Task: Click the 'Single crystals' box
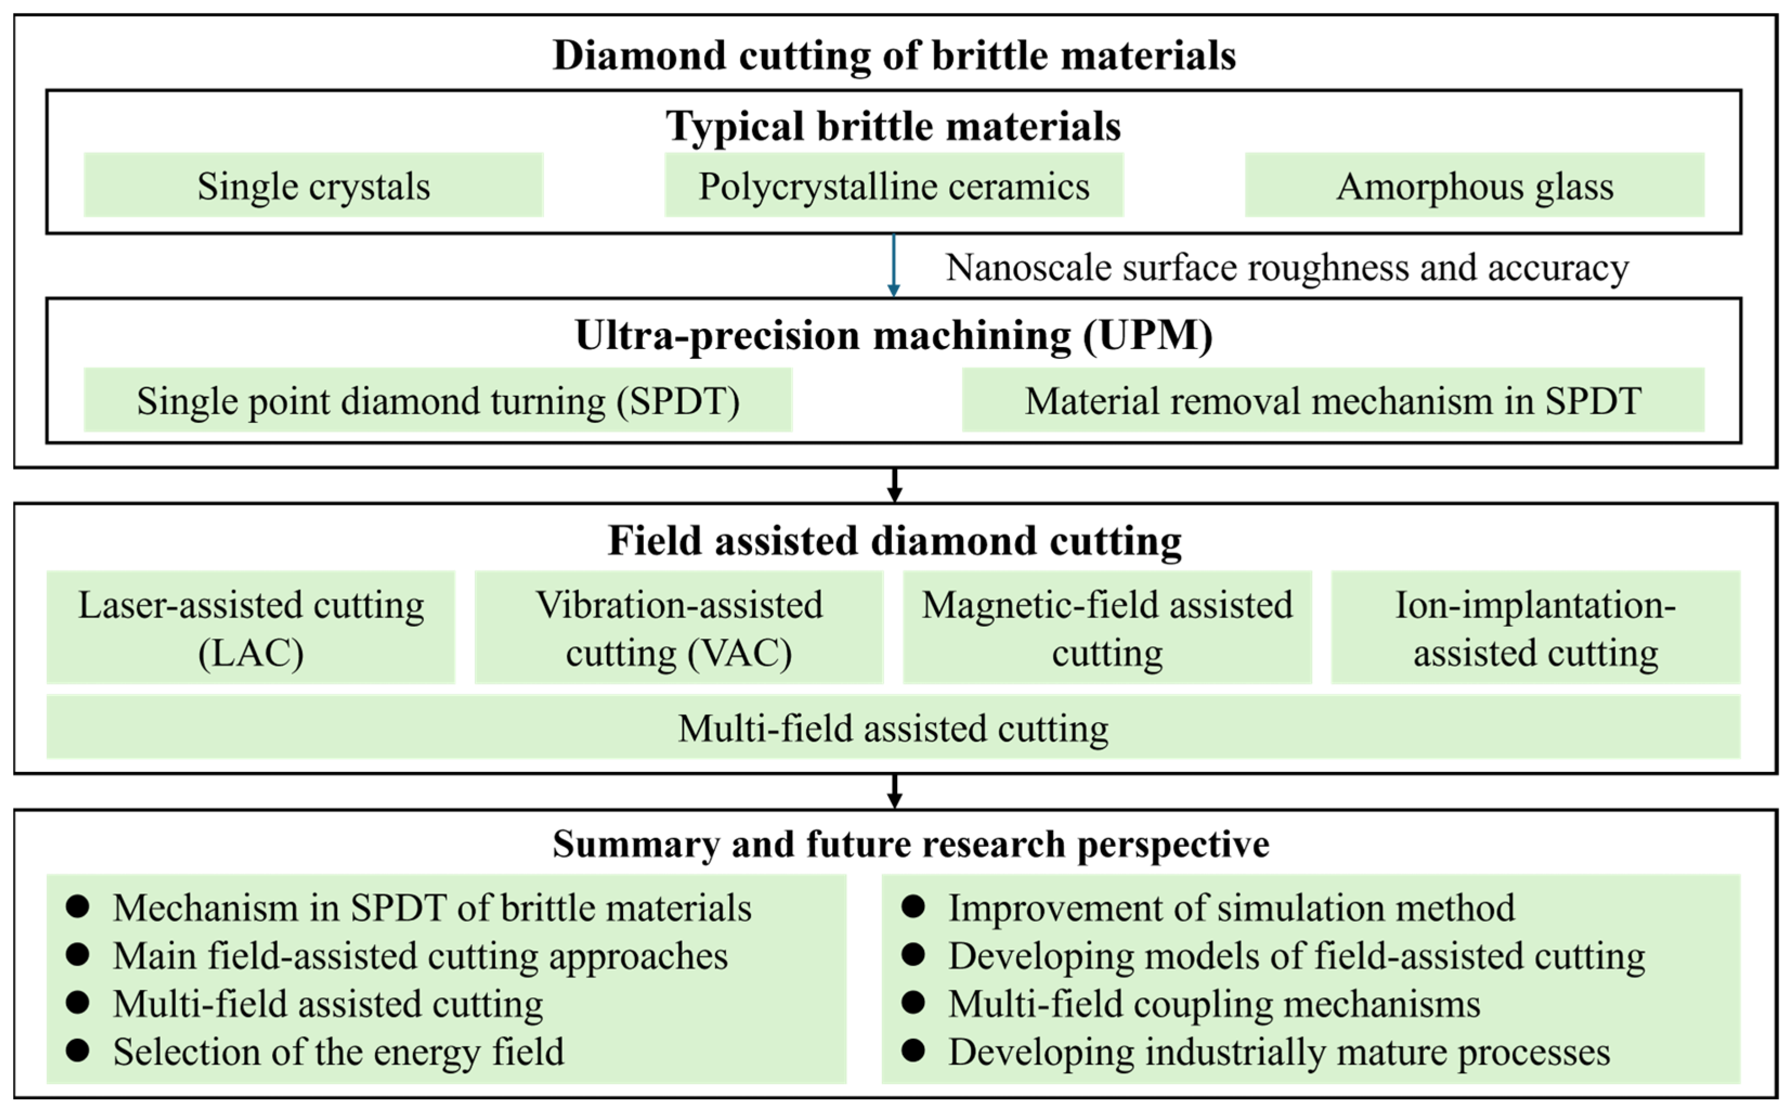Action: coord(313,185)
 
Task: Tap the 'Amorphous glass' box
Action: coord(1474,185)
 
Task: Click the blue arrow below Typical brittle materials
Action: coord(893,266)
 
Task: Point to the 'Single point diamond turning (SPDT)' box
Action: coord(438,400)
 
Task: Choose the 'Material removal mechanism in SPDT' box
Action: coord(1333,400)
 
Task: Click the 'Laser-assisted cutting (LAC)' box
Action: coord(251,627)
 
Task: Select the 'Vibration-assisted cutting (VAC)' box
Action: coord(678,627)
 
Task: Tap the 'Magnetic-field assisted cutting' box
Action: coord(1107,627)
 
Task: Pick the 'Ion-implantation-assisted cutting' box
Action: coord(1536,627)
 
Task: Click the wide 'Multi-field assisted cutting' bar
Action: coord(893,726)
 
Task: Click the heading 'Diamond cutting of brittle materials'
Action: coord(894,56)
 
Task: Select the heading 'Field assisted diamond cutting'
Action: coord(894,541)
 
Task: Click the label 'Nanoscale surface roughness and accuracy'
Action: coord(1286,267)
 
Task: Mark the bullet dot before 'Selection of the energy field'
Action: coord(77,1050)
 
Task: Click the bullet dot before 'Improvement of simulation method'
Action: coord(913,907)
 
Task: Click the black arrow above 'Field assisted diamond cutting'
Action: coord(894,485)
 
